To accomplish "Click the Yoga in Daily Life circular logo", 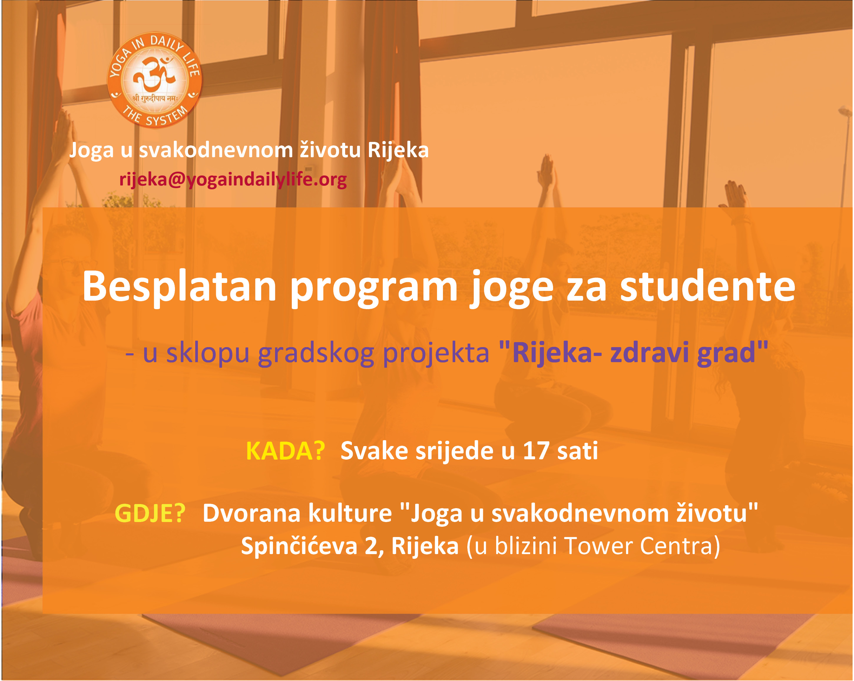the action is click(x=155, y=80).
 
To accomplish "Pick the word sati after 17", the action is click(x=577, y=451).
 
